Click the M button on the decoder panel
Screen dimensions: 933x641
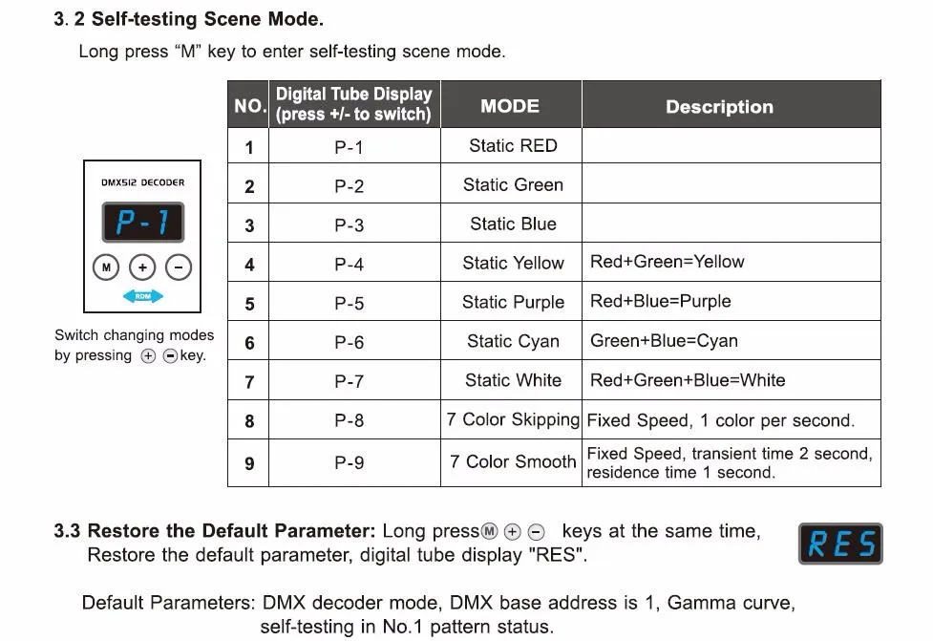pos(106,267)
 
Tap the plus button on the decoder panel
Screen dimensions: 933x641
pos(142,267)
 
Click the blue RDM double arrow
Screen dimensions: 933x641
pos(143,296)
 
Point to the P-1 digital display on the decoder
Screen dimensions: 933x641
pos(143,222)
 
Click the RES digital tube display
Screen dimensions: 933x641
pos(840,544)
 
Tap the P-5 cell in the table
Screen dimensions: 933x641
pos(354,302)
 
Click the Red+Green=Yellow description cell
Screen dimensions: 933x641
pos(732,262)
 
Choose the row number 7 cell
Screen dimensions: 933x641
pos(248,380)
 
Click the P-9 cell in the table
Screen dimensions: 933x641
pos(354,463)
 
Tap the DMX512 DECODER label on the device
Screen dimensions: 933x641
pos(143,182)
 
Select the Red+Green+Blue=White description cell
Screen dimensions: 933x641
pos(732,380)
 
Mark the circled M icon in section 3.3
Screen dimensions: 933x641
pos(489,531)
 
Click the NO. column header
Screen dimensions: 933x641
pos(248,105)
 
